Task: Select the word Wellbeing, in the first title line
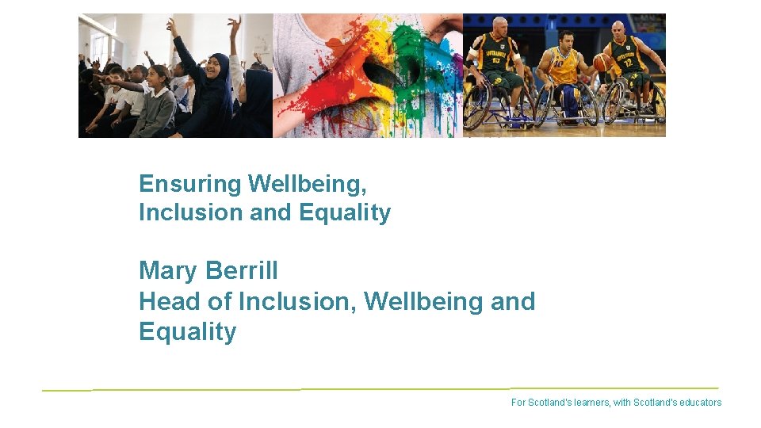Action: pos(308,185)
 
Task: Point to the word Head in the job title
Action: pos(165,302)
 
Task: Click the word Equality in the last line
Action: pos(187,331)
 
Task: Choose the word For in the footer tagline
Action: pos(518,403)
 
